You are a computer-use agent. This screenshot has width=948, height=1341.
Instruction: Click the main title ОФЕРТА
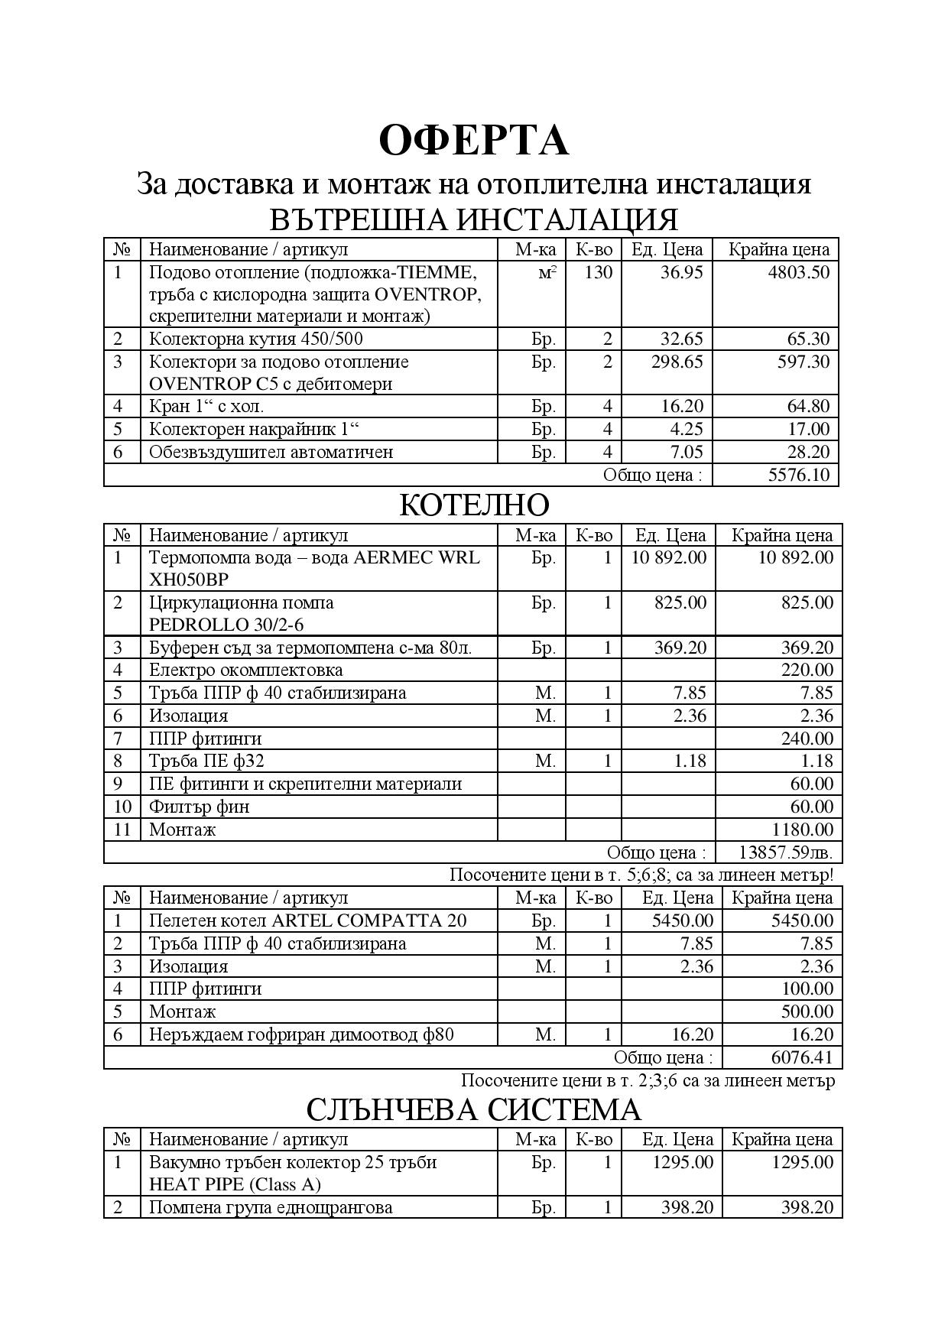[473, 140]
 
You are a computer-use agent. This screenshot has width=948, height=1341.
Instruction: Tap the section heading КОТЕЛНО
[473, 505]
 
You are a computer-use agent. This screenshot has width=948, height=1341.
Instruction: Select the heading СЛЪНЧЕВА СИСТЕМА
[473, 1109]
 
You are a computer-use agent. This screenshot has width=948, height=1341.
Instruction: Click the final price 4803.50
[798, 272]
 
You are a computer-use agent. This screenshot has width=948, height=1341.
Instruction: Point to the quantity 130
[598, 272]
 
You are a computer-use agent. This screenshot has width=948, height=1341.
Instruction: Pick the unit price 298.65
[677, 362]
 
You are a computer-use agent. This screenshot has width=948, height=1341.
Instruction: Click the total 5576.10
[798, 475]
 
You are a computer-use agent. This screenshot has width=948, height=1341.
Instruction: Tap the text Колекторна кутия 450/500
[261, 339]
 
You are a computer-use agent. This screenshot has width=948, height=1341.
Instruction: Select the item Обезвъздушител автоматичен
[271, 452]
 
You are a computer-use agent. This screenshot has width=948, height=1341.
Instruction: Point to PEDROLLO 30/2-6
[226, 625]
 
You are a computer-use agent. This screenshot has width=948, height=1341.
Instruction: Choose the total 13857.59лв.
[786, 852]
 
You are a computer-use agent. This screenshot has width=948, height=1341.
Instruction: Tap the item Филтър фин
[199, 807]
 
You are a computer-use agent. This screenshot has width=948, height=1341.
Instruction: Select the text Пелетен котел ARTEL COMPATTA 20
[307, 921]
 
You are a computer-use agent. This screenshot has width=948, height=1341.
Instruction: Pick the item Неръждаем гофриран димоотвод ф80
[301, 1034]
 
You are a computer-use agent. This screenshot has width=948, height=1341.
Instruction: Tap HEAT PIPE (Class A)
[235, 1184]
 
